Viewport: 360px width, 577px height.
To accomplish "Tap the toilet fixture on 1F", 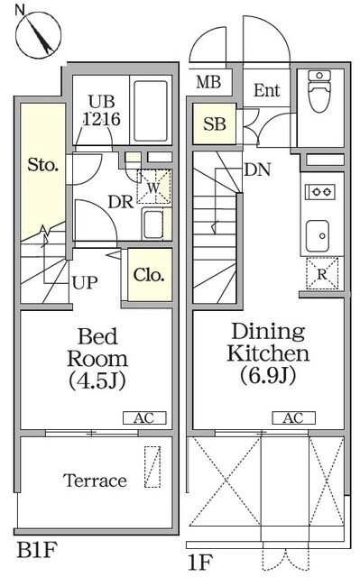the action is click(319, 92).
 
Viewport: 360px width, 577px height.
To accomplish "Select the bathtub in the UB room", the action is click(150, 111).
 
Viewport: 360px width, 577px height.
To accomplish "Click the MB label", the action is click(208, 82).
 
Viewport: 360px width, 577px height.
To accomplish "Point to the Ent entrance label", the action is click(266, 90).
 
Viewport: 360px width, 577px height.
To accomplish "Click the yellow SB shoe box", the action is click(214, 124).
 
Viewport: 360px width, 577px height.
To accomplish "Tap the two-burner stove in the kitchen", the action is click(320, 192).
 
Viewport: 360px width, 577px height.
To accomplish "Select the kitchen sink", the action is click(318, 235).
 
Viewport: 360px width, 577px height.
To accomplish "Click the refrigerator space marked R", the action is click(322, 273).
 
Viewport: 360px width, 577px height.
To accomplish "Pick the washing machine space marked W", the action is click(153, 187).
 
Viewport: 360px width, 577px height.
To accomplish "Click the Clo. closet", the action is click(150, 275).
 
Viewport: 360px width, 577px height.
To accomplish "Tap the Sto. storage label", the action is click(43, 165).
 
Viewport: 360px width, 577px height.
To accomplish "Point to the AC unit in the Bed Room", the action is click(144, 418).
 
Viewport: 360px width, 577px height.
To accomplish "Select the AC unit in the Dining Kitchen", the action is click(294, 418).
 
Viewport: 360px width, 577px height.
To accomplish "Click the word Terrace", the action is click(95, 481).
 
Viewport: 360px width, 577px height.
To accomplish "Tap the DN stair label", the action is click(257, 169).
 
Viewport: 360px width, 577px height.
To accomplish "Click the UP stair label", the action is click(85, 283).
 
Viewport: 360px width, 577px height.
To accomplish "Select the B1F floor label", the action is click(37, 551).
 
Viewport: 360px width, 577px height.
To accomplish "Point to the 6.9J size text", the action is click(268, 376).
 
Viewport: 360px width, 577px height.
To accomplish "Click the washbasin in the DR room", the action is click(153, 224).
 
